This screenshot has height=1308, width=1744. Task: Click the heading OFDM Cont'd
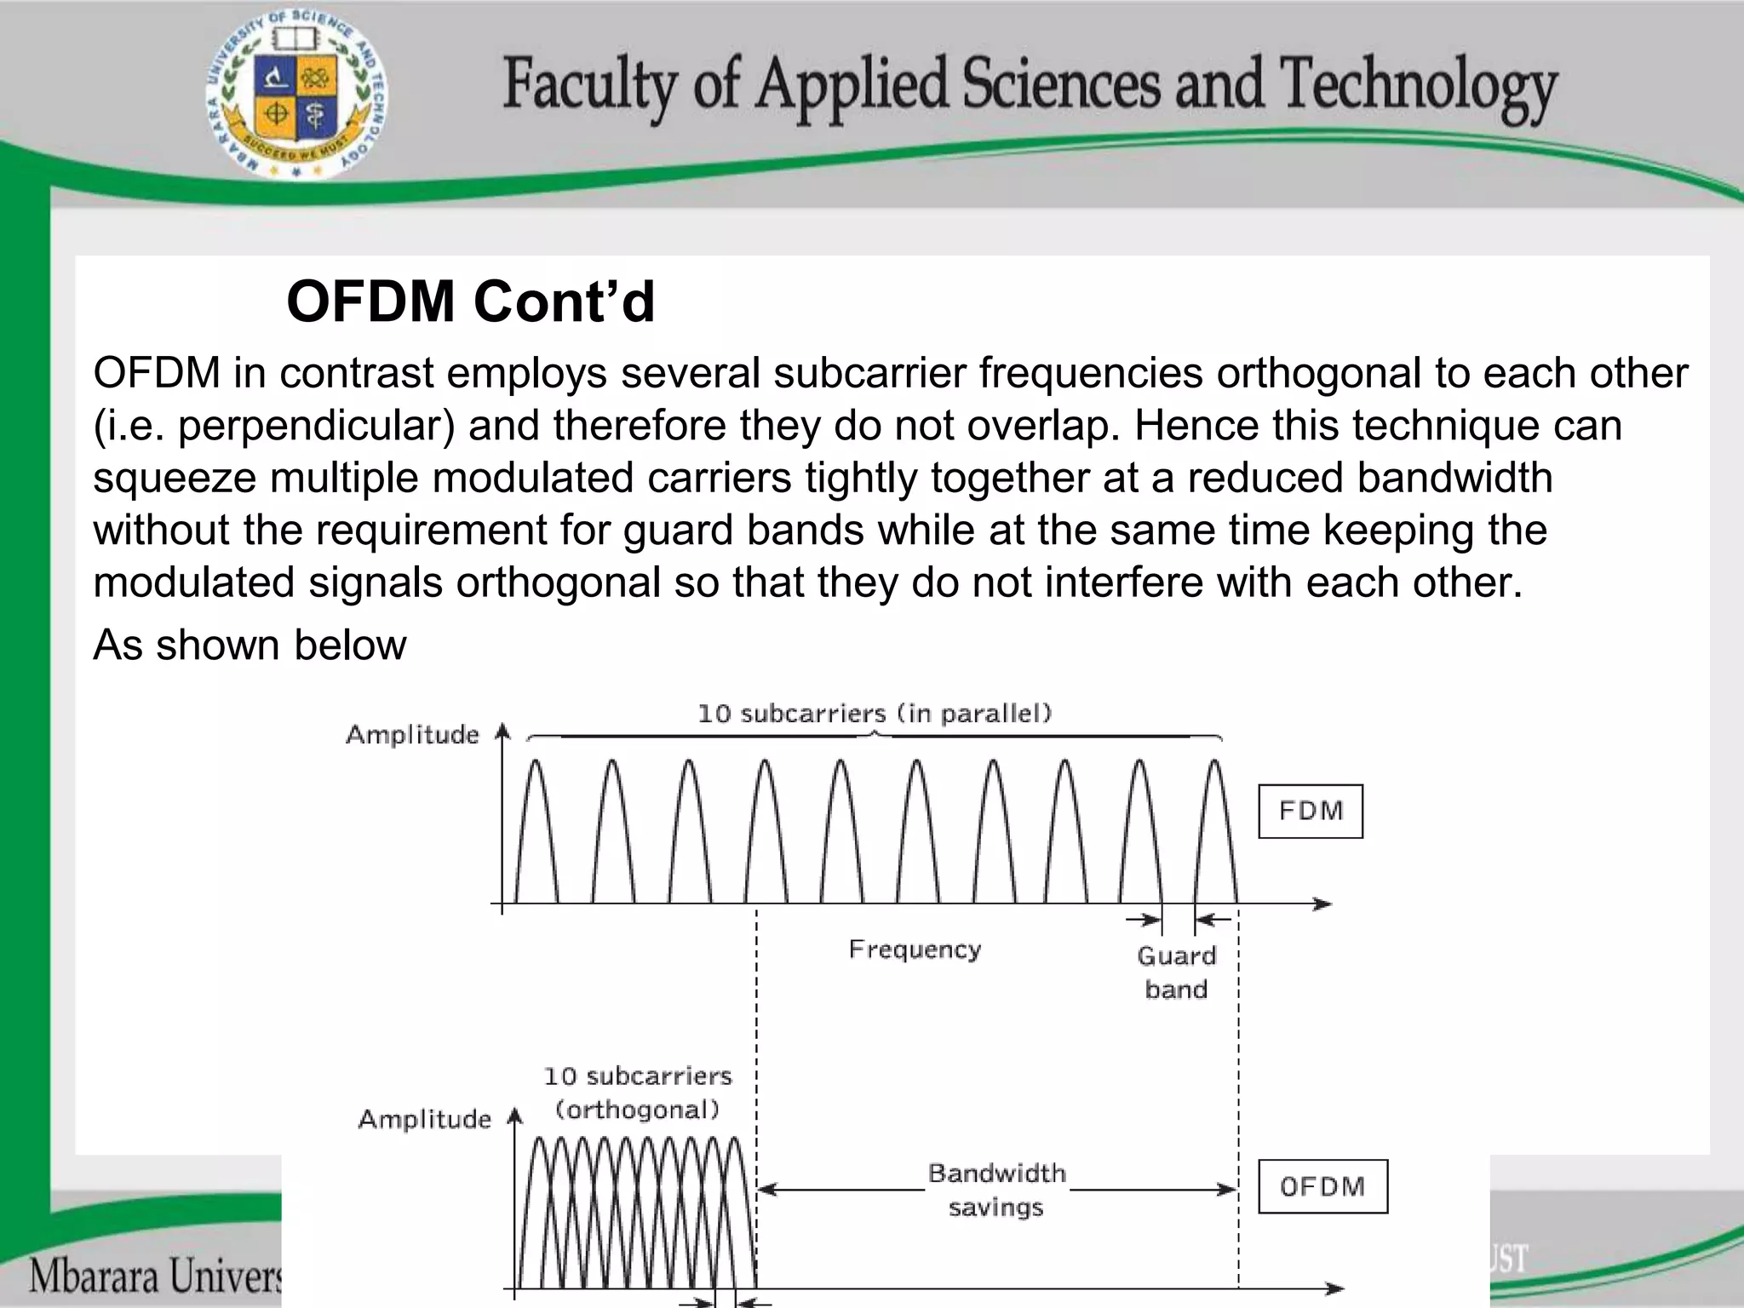pyautogui.click(x=470, y=301)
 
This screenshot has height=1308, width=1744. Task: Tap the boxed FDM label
pyautogui.click(x=1311, y=811)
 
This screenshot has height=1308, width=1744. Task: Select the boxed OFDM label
pyautogui.click(x=1322, y=1186)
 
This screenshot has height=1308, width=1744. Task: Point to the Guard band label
pyautogui.click(x=1176, y=972)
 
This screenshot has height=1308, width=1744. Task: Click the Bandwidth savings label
pyautogui.click(x=996, y=1190)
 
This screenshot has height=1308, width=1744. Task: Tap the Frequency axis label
pyautogui.click(x=915, y=949)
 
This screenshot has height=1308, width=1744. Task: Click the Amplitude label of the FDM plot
pyautogui.click(x=412, y=735)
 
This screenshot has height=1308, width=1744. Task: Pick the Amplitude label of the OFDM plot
pyautogui.click(x=424, y=1119)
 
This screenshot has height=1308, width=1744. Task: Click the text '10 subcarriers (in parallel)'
pyautogui.click(x=875, y=714)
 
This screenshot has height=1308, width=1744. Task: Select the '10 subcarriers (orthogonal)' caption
pyautogui.click(x=638, y=1093)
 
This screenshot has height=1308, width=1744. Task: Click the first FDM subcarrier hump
pyautogui.click(x=536, y=830)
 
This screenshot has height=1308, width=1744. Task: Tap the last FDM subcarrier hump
pyautogui.click(x=1215, y=830)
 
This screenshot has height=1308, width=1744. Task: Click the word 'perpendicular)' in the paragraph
pyautogui.click(x=316, y=426)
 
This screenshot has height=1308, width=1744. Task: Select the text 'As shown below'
pyautogui.click(x=250, y=645)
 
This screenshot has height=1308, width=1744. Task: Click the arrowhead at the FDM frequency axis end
pyautogui.click(x=1322, y=904)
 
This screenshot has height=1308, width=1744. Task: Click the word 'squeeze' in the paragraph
pyautogui.click(x=175, y=478)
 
